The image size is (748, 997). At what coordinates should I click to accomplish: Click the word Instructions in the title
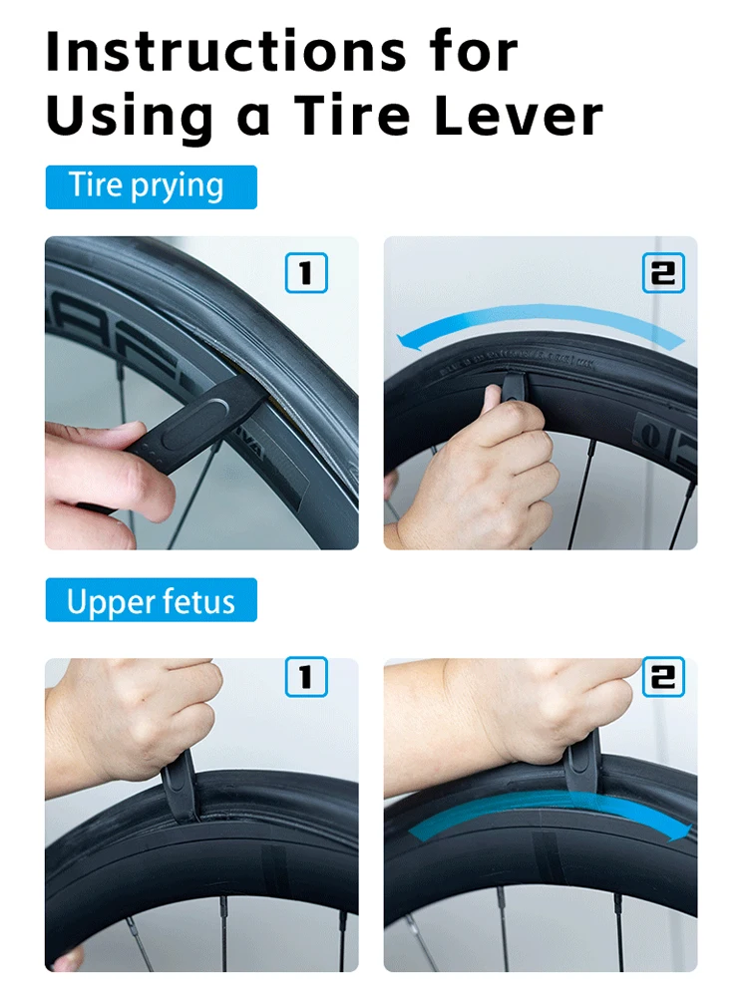coord(226,51)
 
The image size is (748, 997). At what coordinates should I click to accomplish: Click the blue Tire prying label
coord(152,187)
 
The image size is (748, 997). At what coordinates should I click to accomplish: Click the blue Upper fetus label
coord(152,599)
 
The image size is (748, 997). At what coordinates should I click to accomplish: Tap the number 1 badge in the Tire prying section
coord(306,273)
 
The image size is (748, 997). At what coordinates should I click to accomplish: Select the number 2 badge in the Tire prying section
coord(663,273)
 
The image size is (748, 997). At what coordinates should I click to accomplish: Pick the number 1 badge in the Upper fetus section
coord(306,677)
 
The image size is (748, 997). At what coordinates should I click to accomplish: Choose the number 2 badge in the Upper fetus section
coord(663,677)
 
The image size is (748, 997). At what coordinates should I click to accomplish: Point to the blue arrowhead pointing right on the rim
coord(678,831)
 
